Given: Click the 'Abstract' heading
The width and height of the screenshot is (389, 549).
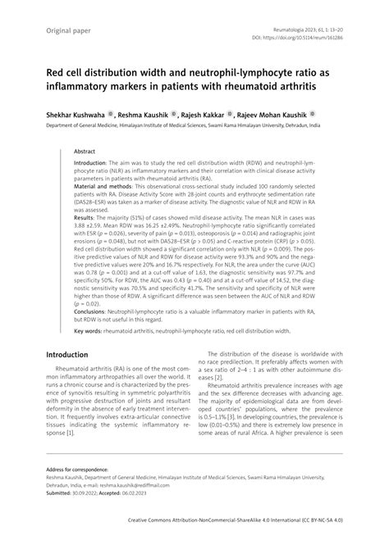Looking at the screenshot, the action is (x=85, y=152).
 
